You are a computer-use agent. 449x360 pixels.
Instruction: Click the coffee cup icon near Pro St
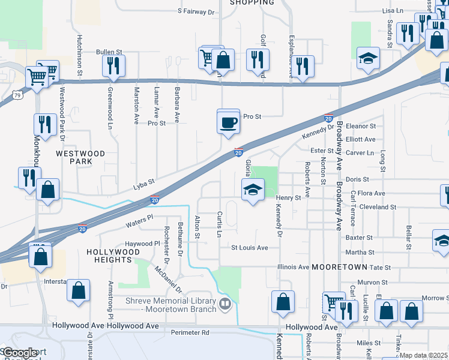pos(228,122)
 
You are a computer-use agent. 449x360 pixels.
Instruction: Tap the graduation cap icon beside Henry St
pos(253,191)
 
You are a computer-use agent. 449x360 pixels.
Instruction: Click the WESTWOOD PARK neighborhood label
pos(80,157)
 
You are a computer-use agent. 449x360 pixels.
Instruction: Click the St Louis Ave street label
pos(250,247)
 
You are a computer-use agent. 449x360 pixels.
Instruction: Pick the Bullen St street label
pos(109,52)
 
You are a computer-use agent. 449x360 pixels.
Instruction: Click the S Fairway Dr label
pos(196,11)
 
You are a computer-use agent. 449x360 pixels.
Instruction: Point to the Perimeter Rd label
pos(188,332)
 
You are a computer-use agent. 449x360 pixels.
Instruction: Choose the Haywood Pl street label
pos(142,244)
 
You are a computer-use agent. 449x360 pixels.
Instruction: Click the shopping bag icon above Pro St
pos(223,61)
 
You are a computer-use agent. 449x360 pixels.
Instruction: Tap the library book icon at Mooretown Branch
pos(225,304)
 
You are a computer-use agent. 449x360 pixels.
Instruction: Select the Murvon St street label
pos(373,282)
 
